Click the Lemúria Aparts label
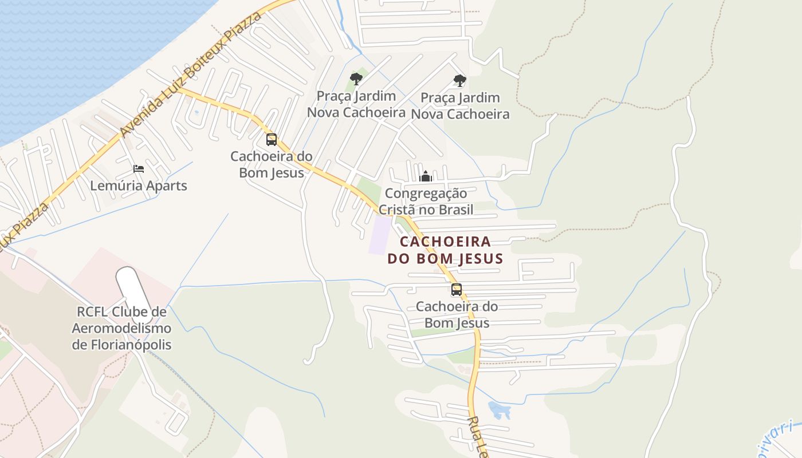click(139, 186)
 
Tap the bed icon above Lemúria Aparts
click(139, 168)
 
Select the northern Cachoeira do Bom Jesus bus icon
click(272, 139)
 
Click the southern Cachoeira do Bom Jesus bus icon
click(457, 289)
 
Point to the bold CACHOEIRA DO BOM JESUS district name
click(445, 250)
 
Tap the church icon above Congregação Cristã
click(425, 176)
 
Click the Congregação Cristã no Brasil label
click(426, 202)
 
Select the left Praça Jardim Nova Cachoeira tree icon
click(356, 78)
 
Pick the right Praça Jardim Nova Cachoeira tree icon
click(459, 80)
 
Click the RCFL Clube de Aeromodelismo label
click(121, 329)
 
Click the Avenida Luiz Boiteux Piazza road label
click(189, 74)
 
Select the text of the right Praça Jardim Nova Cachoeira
click(460, 106)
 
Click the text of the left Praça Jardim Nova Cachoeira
click(356, 104)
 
